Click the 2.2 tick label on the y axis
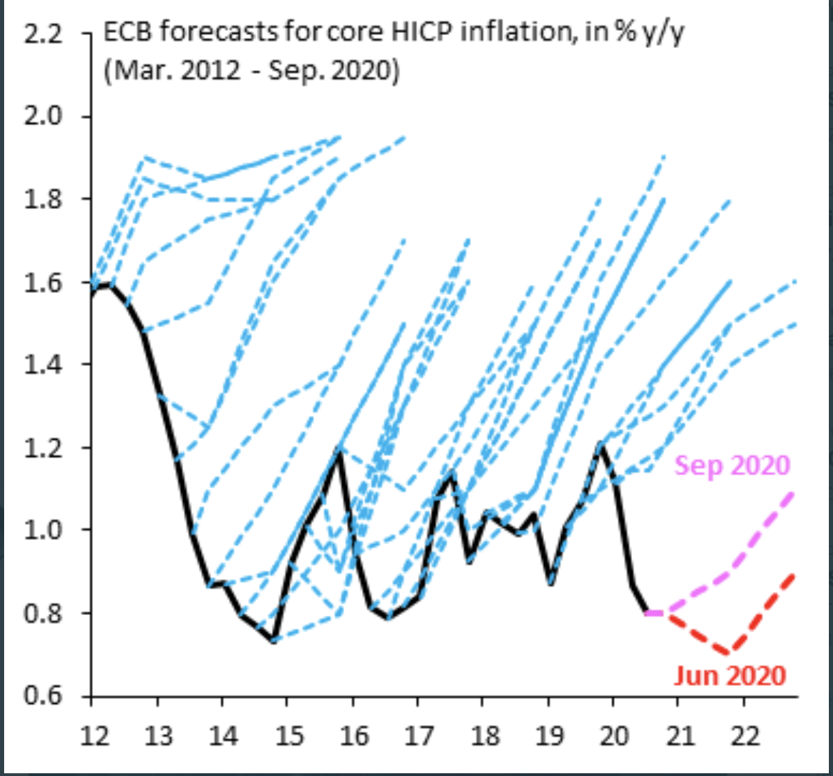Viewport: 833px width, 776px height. coord(43,34)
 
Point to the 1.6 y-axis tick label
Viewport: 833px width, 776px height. coord(43,283)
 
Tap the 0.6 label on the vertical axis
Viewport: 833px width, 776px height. coord(43,696)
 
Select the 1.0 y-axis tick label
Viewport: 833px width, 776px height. coord(43,530)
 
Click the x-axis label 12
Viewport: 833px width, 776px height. coord(94,736)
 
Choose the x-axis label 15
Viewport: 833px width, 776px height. coord(289,736)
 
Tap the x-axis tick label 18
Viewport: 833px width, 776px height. coord(485,736)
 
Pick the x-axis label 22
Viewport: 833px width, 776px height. coord(745,736)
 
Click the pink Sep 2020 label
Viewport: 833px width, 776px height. coord(732,466)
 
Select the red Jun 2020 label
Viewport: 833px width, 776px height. coord(730,675)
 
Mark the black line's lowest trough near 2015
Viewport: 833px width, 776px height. coord(274,640)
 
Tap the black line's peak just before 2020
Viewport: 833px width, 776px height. coord(601,444)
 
